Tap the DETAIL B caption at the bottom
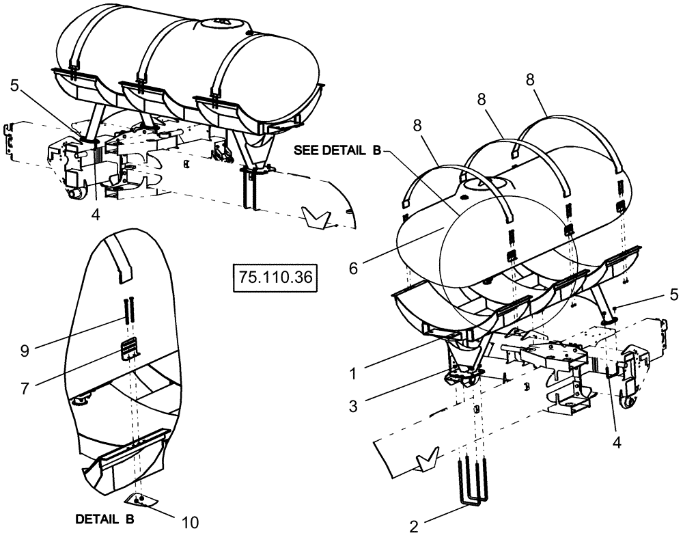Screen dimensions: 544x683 pos(104,519)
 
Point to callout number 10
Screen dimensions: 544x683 pos(191,523)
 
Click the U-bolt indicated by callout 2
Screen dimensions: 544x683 pos(471,488)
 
